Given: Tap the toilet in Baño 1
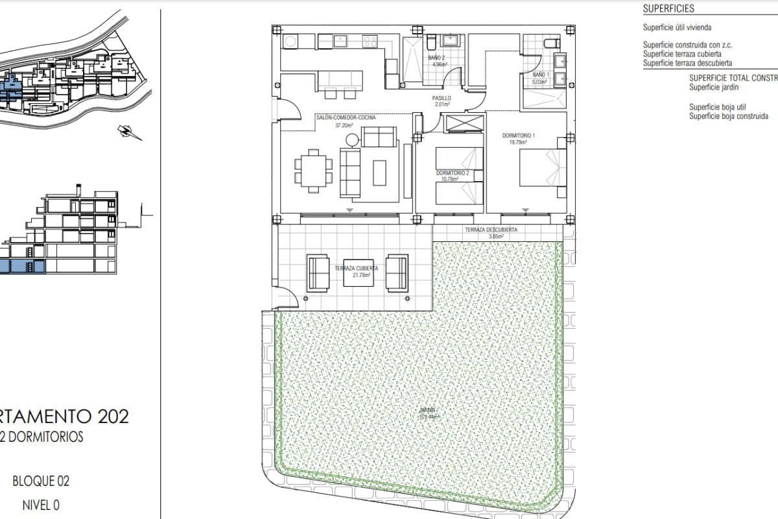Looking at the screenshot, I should pyautogui.click(x=550, y=43).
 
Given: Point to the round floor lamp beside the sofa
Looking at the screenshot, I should pyautogui.click(x=351, y=139).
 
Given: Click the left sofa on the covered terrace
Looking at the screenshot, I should pyautogui.click(x=318, y=273).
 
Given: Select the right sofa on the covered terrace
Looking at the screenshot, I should pyautogui.click(x=397, y=273).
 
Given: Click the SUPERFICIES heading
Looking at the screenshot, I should pyautogui.click(x=668, y=9).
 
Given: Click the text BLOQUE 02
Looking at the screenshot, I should pyautogui.click(x=41, y=481).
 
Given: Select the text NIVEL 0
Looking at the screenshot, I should pyautogui.click(x=41, y=505).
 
